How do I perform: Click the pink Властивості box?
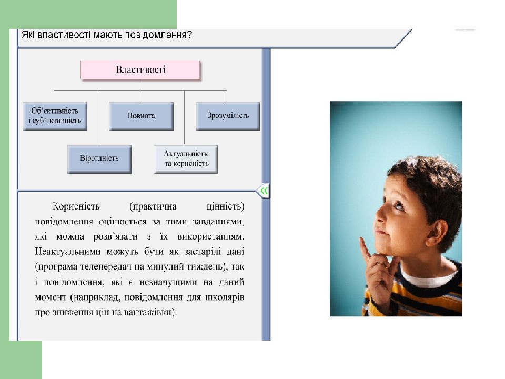140,69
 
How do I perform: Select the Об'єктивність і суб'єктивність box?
55,116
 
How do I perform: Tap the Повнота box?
140,116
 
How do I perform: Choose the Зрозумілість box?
228,116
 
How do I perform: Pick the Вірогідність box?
99,158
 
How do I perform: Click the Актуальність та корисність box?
186,159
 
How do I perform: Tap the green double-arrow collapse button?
264,191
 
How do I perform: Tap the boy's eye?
398,206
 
